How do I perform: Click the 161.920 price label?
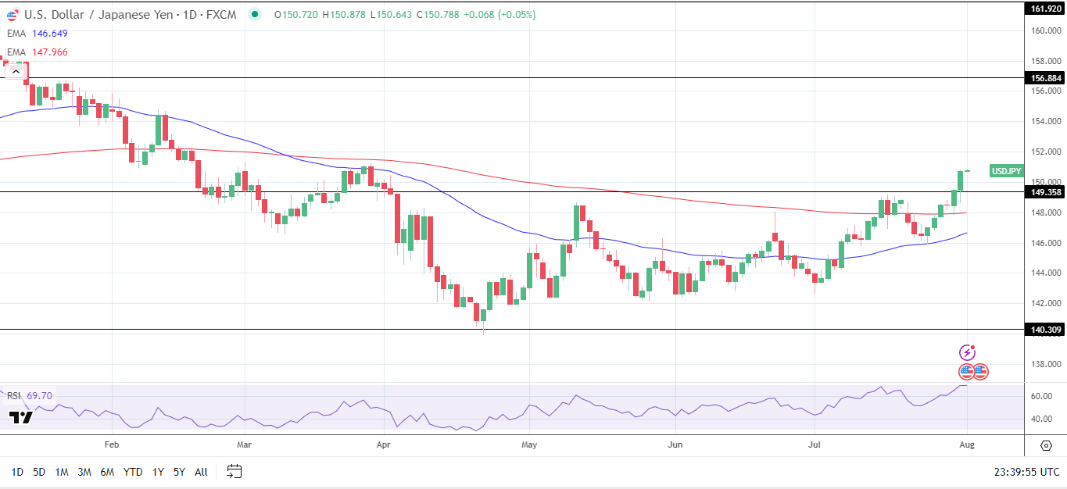click(1046, 9)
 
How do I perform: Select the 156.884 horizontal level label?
click(1046, 78)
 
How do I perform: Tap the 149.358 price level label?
click(1046, 192)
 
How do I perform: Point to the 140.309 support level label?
click(1046, 330)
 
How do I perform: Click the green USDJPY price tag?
click(1006, 171)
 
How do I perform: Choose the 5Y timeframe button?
click(179, 472)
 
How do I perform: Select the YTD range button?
click(133, 472)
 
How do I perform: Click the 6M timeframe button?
click(107, 472)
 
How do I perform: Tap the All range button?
click(201, 472)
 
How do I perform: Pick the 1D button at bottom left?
click(17, 472)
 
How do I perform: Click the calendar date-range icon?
click(235, 472)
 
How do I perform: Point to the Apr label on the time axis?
click(383, 444)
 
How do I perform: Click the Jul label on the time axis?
click(815, 444)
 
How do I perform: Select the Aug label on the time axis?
click(967, 444)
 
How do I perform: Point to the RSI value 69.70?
click(39, 396)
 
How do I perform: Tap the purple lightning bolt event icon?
click(967, 353)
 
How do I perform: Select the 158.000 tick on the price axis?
click(1046, 61)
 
